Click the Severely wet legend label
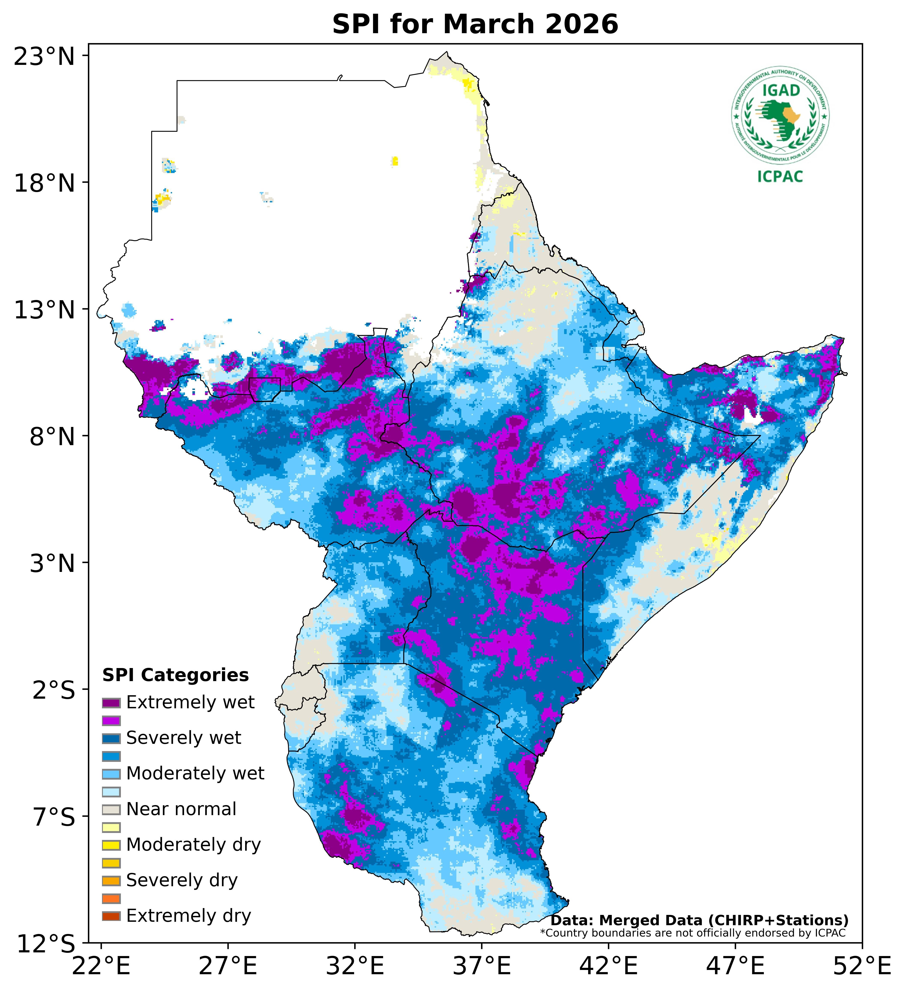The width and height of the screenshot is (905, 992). (184, 738)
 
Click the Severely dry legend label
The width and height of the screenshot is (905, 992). (182, 880)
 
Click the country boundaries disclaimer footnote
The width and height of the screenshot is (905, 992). (693, 933)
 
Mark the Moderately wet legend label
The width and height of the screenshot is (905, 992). (195, 774)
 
